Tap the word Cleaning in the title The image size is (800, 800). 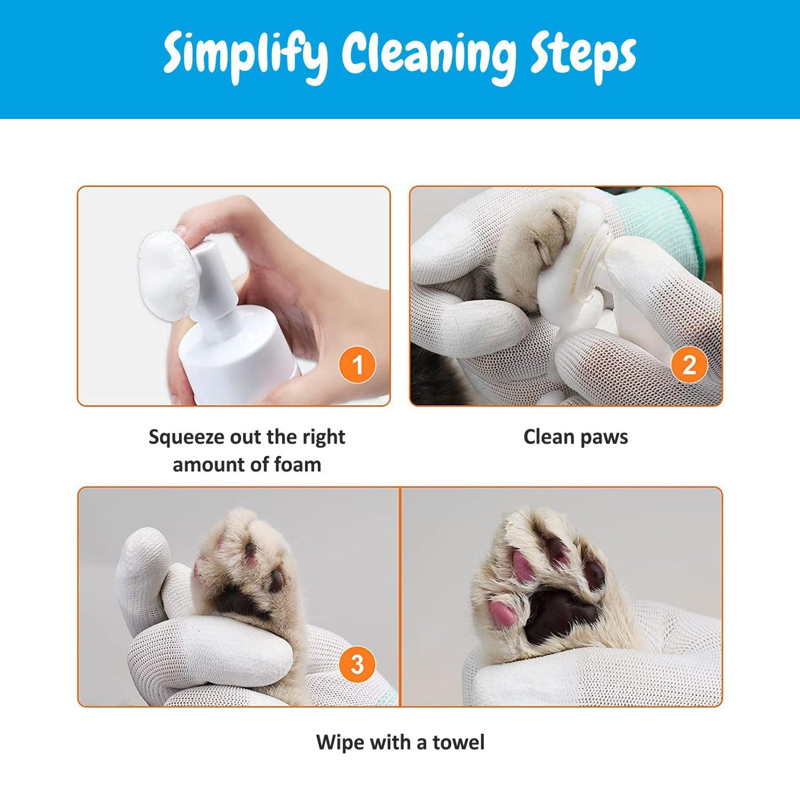pos(428,55)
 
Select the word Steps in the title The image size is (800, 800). pos(583,55)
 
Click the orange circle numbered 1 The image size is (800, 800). pos(357,365)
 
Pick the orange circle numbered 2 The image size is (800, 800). pos(689,365)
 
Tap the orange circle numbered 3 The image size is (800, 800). pos(357,664)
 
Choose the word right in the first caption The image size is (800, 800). pos(323,437)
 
